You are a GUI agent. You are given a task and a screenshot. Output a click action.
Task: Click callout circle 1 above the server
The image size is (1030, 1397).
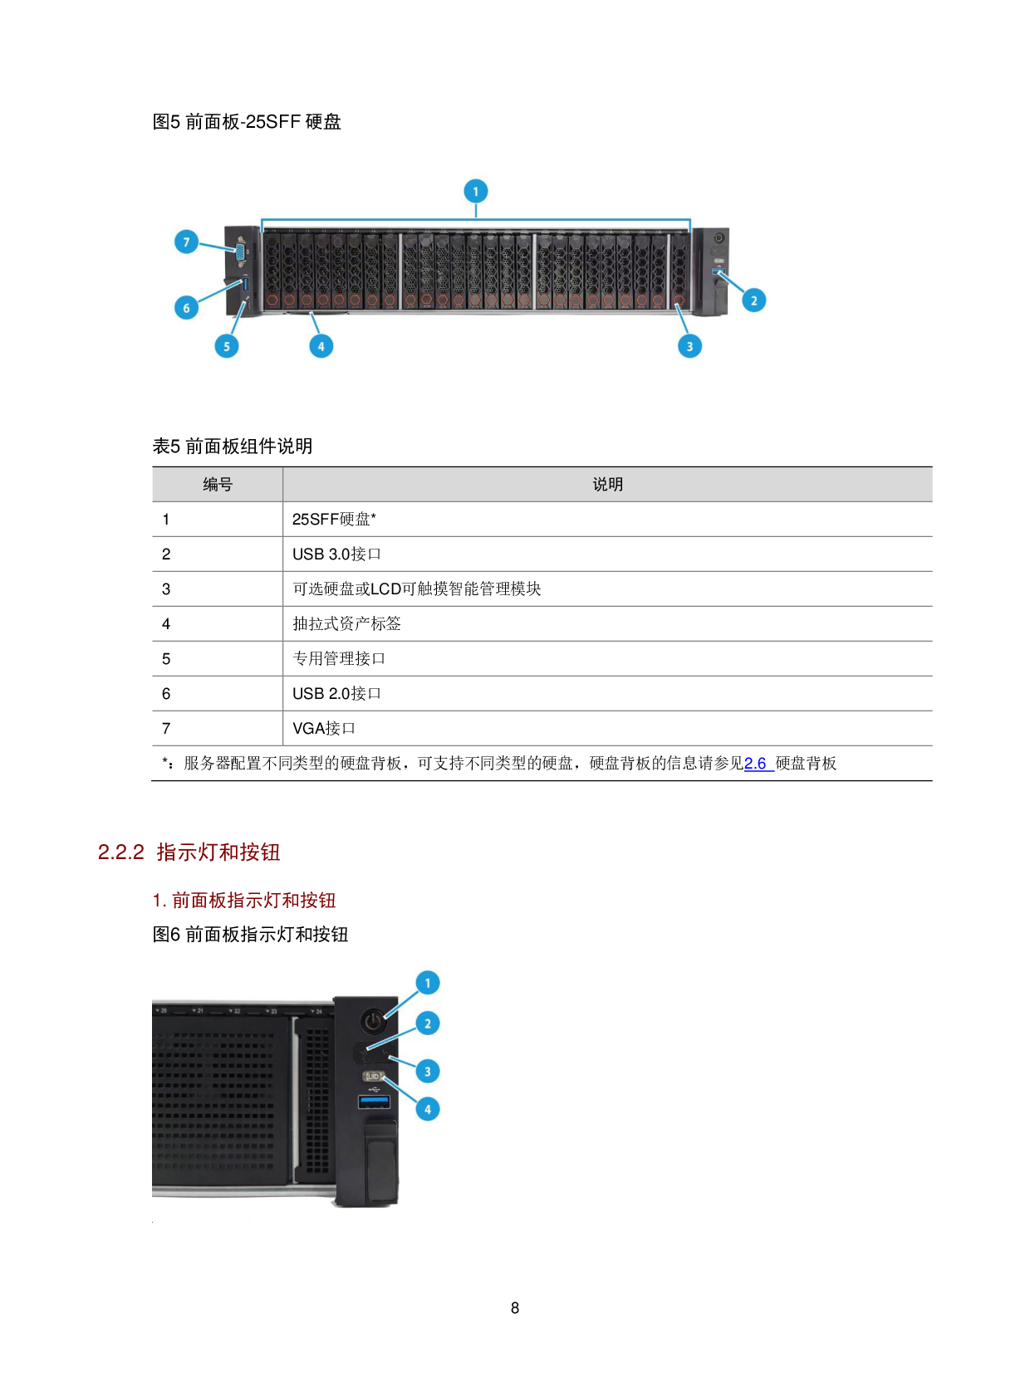coord(475,192)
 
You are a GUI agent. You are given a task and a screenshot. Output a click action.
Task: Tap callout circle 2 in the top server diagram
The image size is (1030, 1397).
coord(753,300)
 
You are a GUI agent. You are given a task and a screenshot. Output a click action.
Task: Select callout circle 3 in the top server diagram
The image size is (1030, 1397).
coord(689,346)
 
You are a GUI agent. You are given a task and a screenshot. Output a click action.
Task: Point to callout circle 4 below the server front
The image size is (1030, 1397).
coord(321,346)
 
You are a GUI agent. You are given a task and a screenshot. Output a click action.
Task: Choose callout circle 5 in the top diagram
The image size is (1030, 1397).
coord(227,346)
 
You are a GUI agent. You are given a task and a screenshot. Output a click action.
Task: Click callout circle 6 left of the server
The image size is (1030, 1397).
coord(186,308)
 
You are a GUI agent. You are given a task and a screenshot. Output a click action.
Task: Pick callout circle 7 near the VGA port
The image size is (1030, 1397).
coord(186,242)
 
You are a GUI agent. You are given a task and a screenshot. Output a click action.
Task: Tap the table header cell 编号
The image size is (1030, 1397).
coord(218,485)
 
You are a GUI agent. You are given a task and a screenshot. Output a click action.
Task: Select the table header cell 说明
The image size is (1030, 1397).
coord(607,485)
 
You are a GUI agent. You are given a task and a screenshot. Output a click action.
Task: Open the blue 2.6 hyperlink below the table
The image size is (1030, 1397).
coord(756,764)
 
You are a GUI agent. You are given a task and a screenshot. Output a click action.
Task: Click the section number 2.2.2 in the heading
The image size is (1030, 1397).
coord(121,852)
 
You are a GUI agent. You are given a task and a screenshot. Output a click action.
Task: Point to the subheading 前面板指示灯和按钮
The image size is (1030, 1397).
coord(253,901)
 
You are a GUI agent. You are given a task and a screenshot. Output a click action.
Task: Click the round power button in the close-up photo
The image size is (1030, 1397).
coord(374,1020)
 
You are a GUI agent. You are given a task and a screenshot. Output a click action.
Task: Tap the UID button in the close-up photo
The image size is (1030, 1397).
coord(373,1077)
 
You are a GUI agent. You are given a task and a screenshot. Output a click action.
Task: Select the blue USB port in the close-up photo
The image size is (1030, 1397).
coord(374,1102)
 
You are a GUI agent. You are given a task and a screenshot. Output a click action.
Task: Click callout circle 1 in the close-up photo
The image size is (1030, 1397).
coord(427,984)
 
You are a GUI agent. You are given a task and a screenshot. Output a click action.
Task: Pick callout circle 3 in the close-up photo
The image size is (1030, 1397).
coord(427,1072)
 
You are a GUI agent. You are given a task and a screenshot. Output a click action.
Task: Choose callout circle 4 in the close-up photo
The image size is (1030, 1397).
coord(427,1109)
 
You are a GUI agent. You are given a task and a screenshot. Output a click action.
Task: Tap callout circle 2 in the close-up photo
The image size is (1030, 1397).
coord(427,1023)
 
